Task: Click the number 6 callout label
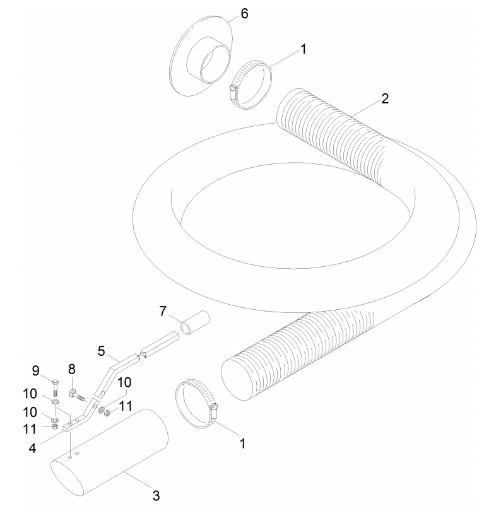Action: click(x=245, y=14)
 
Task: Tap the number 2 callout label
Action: click(x=385, y=99)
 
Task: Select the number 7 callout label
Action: click(x=163, y=311)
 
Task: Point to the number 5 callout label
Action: click(x=102, y=351)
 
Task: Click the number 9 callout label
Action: click(x=36, y=371)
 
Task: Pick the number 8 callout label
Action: click(x=72, y=369)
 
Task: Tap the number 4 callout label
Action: click(x=32, y=448)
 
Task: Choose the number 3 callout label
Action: click(x=156, y=495)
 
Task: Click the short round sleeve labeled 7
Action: click(x=195, y=322)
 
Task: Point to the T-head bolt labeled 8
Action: click(x=77, y=395)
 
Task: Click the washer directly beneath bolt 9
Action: click(x=56, y=402)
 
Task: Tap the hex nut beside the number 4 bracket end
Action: click(x=55, y=427)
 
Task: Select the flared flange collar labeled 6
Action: click(x=201, y=55)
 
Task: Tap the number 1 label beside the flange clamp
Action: click(x=303, y=49)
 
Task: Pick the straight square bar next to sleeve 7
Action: click(x=160, y=346)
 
